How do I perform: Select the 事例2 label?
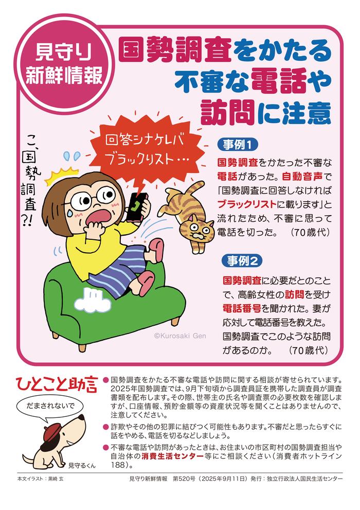pyautogui.click(x=242, y=261)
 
